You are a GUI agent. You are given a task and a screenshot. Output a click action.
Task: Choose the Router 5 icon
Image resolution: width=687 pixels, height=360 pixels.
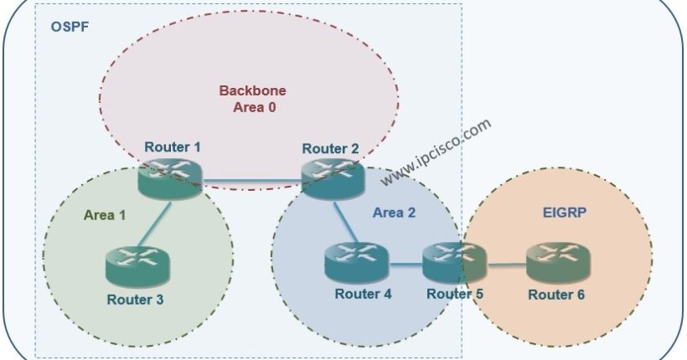pyautogui.click(x=454, y=262)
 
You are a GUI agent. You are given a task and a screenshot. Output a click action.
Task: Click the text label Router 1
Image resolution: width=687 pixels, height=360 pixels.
pyautogui.click(x=173, y=147)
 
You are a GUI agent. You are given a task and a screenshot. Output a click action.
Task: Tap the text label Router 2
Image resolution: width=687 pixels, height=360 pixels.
pyautogui.click(x=330, y=149)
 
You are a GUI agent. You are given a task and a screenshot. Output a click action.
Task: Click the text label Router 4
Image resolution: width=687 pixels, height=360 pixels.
pyautogui.click(x=363, y=294)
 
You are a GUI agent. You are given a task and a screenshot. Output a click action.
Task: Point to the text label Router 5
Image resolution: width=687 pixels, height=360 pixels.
pyautogui.click(x=455, y=294)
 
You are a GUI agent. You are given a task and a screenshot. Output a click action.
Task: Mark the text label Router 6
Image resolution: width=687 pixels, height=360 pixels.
pyautogui.click(x=556, y=294)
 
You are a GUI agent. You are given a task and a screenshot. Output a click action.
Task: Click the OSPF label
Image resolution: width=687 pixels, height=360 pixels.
pyautogui.click(x=70, y=27)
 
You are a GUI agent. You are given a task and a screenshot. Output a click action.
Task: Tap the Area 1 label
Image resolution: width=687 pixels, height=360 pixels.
pyautogui.click(x=105, y=214)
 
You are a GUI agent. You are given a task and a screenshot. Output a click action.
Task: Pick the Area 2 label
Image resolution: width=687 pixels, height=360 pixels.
pyautogui.click(x=394, y=213)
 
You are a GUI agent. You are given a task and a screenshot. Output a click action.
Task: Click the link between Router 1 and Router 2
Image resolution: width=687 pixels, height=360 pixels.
pyautogui.click(x=251, y=177)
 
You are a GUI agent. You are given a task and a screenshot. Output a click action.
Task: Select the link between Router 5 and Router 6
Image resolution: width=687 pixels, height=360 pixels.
pyautogui.click(x=506, y=266)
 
